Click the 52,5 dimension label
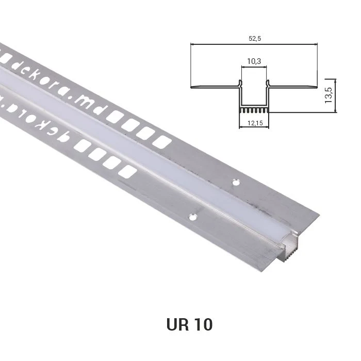pos(255,39)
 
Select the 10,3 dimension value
pos(254,61)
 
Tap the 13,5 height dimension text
pos(329,95)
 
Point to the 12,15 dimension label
pos(255,123)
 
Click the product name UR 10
pos(189,324)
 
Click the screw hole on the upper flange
pos(236,183)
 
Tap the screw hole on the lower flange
pos(193,217)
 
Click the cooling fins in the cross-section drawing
pos(254,110)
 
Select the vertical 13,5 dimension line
pos(335,95)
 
